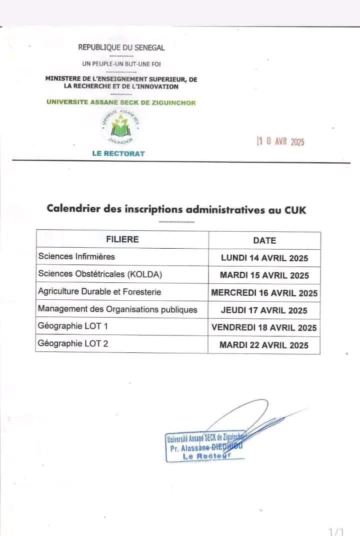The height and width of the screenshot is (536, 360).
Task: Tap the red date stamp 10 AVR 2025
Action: (x=280, y=142)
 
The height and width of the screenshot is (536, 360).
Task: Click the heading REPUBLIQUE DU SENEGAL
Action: (x=121, y=48)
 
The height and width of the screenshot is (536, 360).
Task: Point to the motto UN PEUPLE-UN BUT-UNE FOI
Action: (x=121, y=64)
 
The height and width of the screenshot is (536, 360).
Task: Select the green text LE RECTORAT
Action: (x=118, y=153)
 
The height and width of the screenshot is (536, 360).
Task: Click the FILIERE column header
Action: (x=122, y=239)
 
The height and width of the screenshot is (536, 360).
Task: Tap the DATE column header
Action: (x=264, y=240)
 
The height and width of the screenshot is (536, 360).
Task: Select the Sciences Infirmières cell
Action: (x=76, y=257)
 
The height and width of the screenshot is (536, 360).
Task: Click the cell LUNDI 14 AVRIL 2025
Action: (x=264, y=258)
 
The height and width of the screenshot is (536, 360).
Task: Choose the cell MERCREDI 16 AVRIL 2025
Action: (x=264, y=293)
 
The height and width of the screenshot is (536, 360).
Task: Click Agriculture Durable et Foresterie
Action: (x=99, y=291)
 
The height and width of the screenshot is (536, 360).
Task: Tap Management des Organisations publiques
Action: (x=117, y=309)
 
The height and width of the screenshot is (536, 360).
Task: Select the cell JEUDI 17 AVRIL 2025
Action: (x=264, y=310)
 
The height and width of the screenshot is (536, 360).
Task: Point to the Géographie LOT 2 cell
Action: (x=73, y=343)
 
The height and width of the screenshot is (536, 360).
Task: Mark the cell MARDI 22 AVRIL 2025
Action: (x=264, y=345)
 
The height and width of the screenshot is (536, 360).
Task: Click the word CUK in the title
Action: (x=295, y=210)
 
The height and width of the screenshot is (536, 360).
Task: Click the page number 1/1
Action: (x=336, y=531)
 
